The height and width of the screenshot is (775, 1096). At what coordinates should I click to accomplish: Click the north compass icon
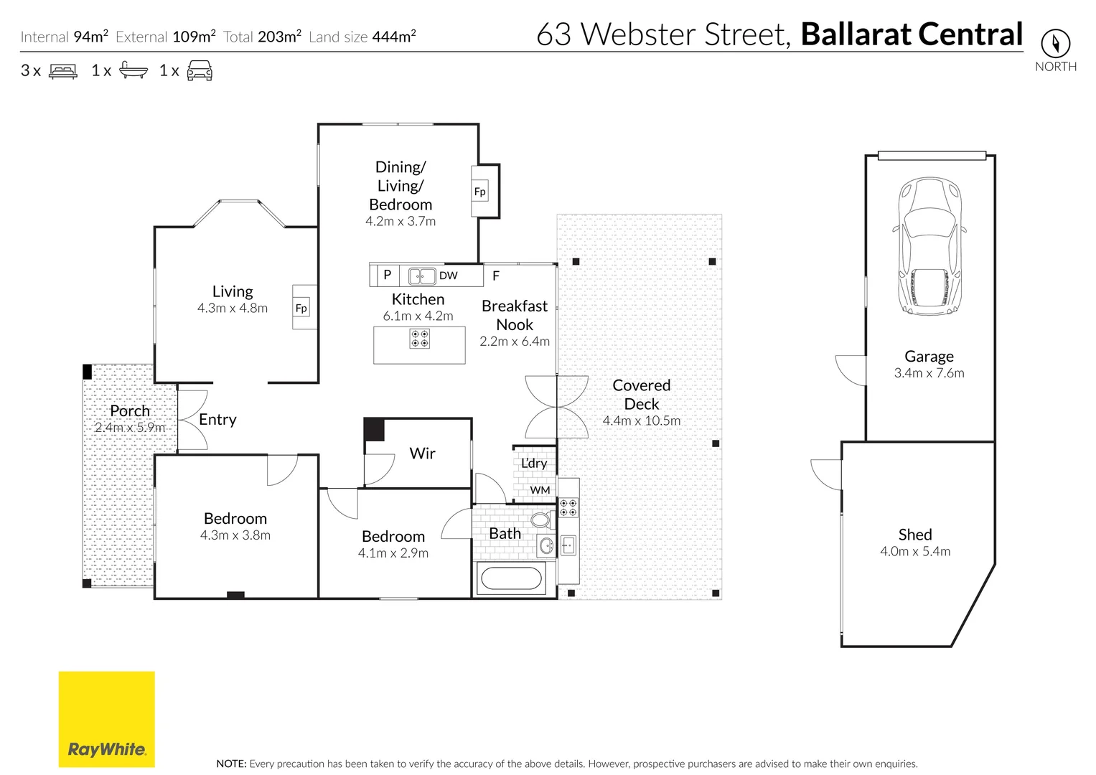coord(1055,44)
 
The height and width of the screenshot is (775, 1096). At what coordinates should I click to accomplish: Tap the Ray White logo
coord(106,719)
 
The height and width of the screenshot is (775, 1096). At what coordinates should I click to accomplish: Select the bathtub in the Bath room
coord(511,578)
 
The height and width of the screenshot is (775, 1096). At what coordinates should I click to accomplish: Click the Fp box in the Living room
coord(301,308)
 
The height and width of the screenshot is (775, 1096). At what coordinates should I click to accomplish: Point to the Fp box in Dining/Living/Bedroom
coord(479,192)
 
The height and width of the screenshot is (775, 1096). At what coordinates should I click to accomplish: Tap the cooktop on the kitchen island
coord(419,339)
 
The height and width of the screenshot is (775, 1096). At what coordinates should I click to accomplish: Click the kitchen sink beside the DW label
coord(422,276)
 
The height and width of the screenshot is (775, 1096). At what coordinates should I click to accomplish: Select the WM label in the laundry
coord(540,490)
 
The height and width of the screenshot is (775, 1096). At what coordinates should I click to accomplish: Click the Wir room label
coord(422,454)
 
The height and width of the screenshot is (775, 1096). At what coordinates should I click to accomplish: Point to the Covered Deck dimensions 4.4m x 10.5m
coord(641,421)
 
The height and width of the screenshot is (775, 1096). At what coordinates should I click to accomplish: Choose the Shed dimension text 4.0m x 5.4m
coord(915,552)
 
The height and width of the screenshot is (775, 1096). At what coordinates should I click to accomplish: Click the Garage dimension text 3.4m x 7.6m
coord(929,373)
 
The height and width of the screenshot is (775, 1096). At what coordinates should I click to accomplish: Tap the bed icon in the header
coord(63,71)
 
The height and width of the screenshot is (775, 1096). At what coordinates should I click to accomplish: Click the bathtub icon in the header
coord(133,70)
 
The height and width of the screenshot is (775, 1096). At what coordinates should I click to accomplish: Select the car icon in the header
coord(200,70)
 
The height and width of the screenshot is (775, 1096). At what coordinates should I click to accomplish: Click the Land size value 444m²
coord(393,37)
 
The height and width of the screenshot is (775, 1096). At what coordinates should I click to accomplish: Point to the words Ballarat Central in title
coord(912,34)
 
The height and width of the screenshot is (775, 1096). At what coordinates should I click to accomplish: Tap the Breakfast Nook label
coord(515,315)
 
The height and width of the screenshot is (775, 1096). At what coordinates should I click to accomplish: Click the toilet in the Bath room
coord(540,520)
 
